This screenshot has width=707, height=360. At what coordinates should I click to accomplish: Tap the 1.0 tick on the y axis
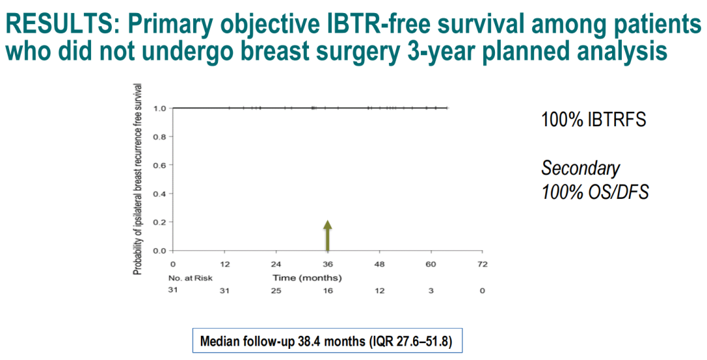tap(158, 108)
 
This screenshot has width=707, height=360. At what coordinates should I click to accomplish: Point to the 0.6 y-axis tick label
tap(158, 165)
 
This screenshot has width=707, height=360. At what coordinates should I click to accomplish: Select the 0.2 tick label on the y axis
tap(158, 222)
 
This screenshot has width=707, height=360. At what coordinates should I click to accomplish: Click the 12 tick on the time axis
tap(225, 265)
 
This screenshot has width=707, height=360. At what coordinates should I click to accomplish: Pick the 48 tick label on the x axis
tap(379, 265)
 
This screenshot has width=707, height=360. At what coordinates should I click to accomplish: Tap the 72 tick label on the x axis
tap(482, 265)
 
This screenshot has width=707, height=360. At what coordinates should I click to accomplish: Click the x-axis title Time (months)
tap(307, 278)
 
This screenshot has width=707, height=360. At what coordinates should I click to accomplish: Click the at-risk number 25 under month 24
tap(276, 291)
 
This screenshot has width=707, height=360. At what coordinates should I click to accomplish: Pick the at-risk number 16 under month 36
tap(327, 291)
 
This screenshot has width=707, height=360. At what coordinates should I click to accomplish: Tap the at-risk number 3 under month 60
tap(431, 291)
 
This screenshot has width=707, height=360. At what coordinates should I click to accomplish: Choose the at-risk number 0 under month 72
tap(482, 291)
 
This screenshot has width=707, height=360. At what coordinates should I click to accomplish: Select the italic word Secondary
tap(580, 168)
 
